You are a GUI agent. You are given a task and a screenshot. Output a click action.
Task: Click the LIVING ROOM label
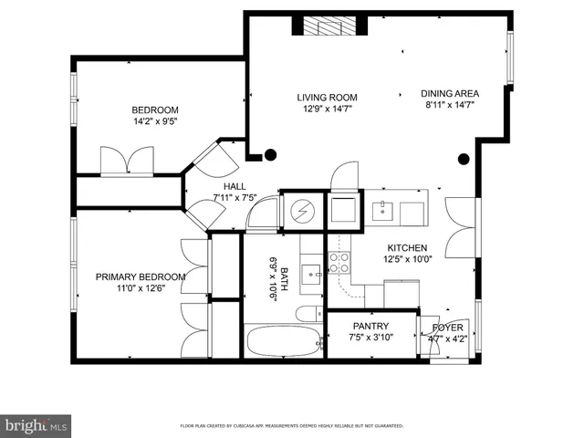point(327,98)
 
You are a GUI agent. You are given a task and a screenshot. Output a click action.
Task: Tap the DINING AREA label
point(450,93)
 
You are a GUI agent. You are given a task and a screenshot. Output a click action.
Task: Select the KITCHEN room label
point(407,247)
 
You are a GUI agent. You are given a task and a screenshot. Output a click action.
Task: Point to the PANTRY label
point(370,326)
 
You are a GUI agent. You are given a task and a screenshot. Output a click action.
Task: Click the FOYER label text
point(447,327)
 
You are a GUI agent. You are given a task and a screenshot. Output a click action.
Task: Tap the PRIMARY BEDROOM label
point(141,276)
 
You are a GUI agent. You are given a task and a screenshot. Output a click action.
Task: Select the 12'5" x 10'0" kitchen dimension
point(407,259)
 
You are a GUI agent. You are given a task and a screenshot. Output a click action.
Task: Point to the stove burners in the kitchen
point(339,263)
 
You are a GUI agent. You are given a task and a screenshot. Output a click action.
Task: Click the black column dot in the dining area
point(464,160)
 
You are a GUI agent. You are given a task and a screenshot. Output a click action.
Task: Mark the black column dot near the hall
point(269,154)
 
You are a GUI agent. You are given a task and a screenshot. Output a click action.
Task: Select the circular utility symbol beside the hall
point(302,213)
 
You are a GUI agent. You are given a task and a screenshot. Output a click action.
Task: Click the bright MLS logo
point(36,424)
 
